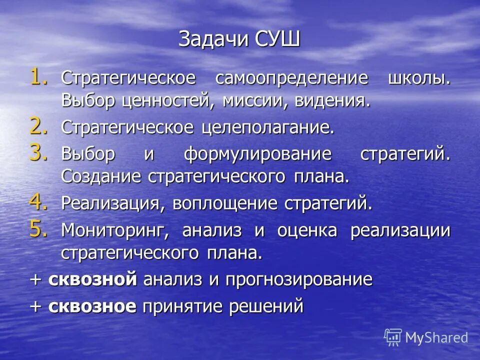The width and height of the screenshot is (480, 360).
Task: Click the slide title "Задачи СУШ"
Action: pyautogui.click(x=239, y=39)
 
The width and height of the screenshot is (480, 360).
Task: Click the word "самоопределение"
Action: pyautogui.click(x=291, y=79)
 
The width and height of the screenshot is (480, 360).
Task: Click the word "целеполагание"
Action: pyautogui.click(x=268, y=128)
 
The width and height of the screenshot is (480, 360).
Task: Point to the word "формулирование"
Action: pyautogui.click(x=258, y=154)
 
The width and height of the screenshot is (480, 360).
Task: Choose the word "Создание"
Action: pyautogui.click(x=100, y=176)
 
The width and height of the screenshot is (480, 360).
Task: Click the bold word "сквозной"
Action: pyautogui.click(x=92, y=279)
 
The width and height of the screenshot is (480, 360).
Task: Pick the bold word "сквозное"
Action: pyautogui.click(x=92, y=305)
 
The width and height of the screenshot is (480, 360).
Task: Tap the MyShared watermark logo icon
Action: pyautogui.click(x=393, y=337)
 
